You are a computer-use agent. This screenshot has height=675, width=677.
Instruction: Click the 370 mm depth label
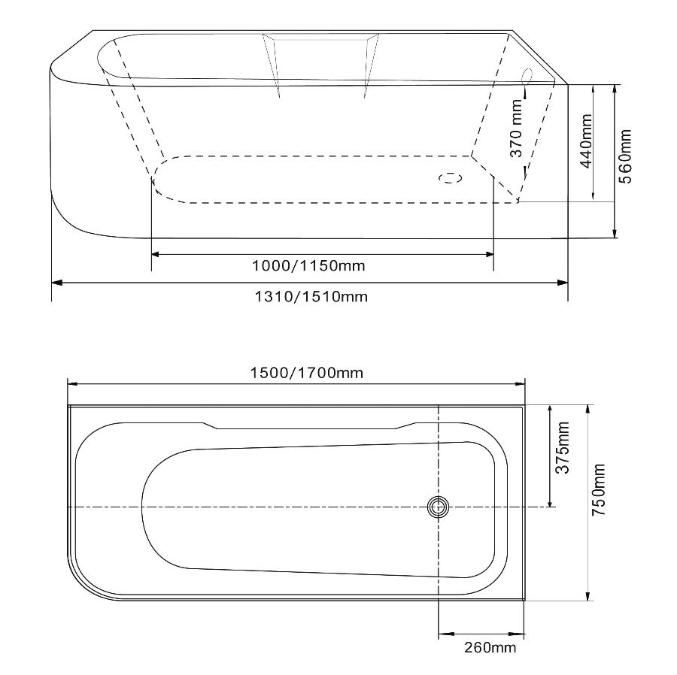point(516,128)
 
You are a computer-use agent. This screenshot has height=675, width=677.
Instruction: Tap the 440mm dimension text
point(586,141)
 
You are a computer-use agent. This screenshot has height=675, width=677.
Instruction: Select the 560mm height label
point(625,156)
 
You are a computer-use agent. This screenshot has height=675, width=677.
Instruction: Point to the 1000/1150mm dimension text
point(308,265)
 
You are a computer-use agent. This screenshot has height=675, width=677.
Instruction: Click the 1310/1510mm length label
point(311,297)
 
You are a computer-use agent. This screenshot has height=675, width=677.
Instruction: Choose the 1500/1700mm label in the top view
point(307,373)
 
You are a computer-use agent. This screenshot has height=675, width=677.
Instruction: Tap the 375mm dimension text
point(563,448)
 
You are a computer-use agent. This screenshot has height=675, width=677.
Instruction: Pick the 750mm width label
point(599,490)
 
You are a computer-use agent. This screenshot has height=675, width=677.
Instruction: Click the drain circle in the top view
point(439,507)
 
